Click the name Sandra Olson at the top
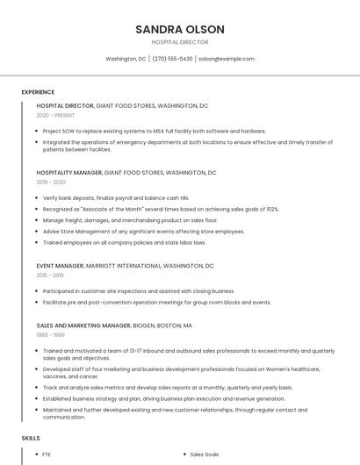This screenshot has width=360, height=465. (179, 29)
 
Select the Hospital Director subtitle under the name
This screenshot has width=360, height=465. (179, 42)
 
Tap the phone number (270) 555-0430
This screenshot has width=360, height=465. (172, 59)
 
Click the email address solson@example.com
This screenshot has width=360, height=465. (226, 59)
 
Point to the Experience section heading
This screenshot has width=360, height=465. (38, 92)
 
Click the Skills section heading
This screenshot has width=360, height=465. (31, 437)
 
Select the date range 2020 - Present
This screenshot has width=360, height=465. (55, 115)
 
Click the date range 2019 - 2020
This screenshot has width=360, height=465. (51, 182)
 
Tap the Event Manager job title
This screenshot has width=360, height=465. (61, 265)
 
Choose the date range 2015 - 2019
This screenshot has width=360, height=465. (50, 275)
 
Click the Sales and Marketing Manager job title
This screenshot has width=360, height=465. (83, 325)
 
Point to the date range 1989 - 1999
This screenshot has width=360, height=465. (50, 334)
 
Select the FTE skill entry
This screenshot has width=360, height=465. (47, 454)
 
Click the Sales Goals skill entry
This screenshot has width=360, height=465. (204, 454)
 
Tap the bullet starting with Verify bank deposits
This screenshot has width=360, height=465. (116, 198)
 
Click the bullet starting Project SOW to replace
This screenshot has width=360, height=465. (154, 131)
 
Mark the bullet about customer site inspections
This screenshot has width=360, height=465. (138, 290)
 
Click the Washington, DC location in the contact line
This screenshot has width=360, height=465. (126, 59)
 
